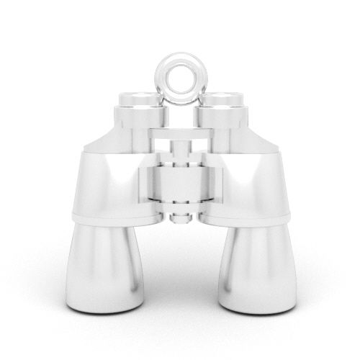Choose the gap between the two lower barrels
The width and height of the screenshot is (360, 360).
pos(180,274)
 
